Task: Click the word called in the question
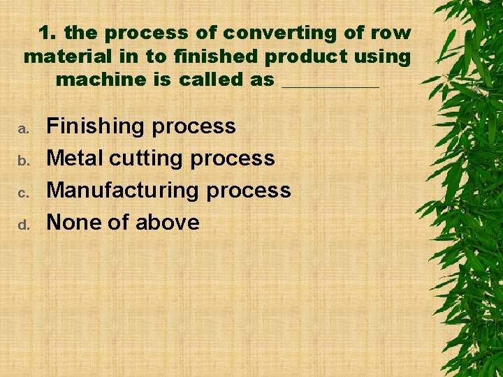coord(211,80)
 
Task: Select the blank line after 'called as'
coord(330,84)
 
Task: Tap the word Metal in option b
coord(74,158)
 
